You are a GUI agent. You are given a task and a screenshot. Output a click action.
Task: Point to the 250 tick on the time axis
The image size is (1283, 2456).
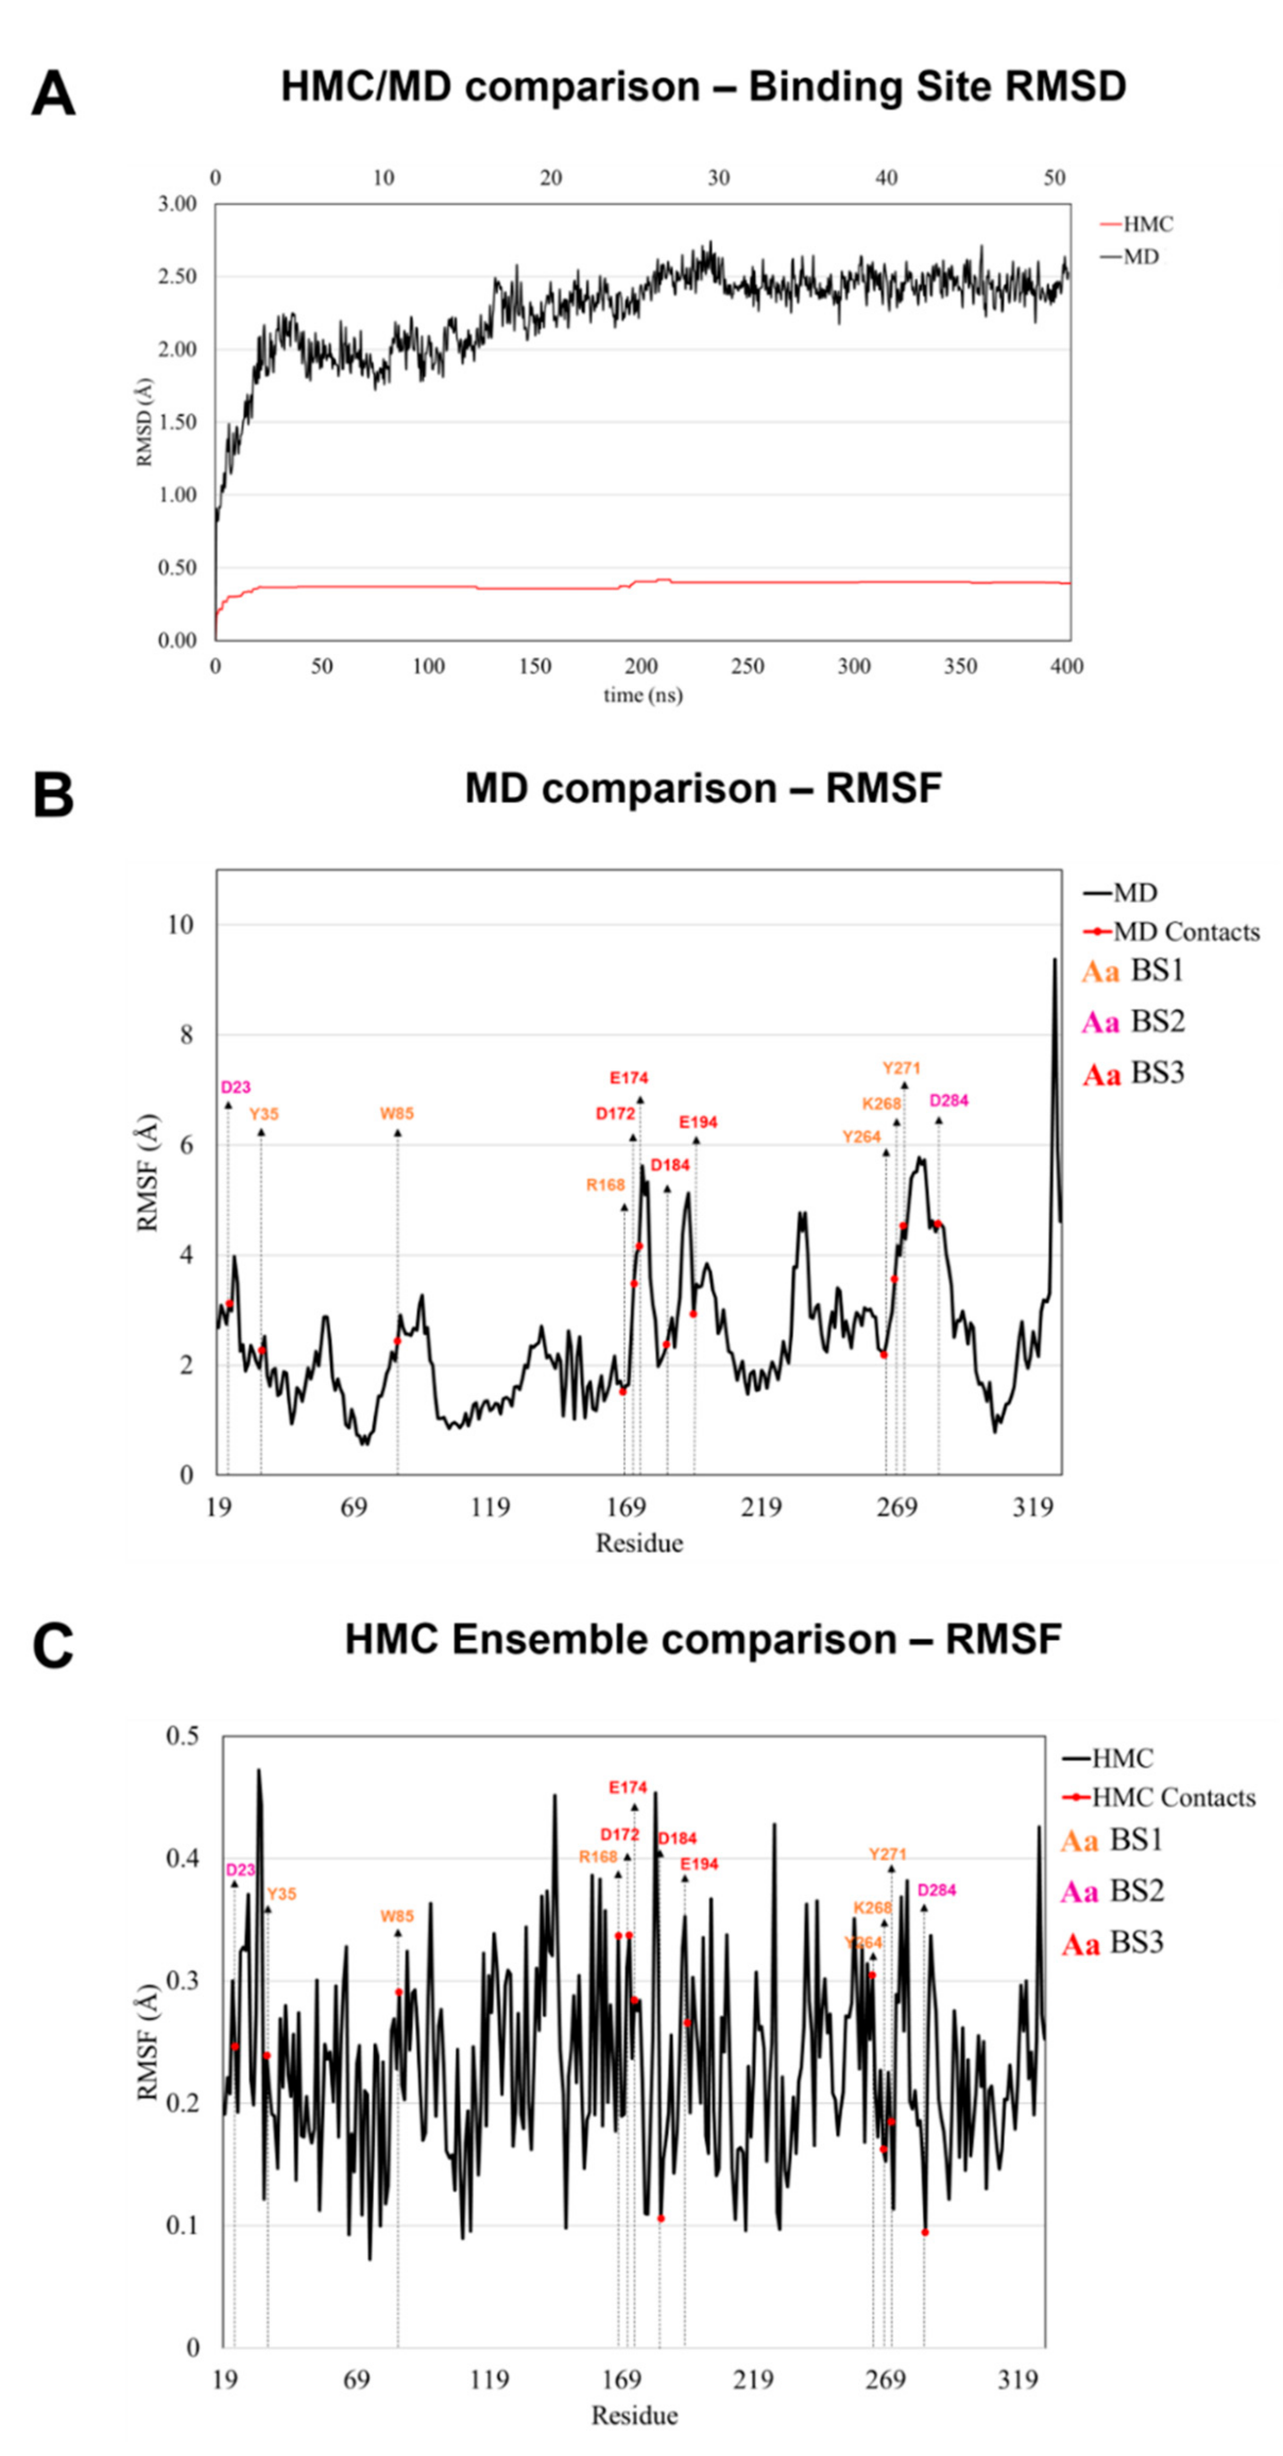point(747,667)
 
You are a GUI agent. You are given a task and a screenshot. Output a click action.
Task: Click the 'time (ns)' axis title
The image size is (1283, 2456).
point(643,695)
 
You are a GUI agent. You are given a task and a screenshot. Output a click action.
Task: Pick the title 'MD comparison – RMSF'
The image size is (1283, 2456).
point(703,788)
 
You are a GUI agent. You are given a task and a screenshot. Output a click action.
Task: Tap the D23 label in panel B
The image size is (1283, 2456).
point(235,1087)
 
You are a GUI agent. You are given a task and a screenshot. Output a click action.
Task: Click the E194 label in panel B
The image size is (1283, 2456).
point(698,1122)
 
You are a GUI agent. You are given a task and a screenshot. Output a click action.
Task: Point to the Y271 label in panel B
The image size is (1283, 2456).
point(901,1068)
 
